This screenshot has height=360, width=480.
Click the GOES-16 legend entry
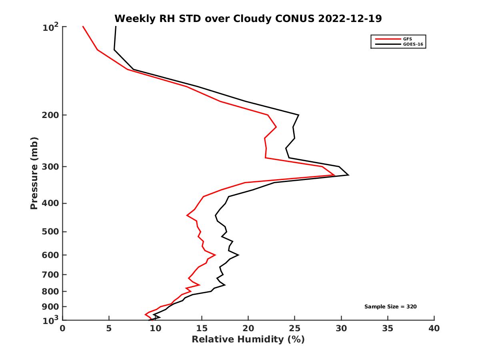(x=412, y=44)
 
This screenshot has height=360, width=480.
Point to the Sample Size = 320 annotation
(x=391, y=307)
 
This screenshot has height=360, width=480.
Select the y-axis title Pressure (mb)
(x=34, y=173)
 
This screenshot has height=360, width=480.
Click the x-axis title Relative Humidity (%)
(x=248, y=340)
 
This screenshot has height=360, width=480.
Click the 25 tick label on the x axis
(x=295, y=329)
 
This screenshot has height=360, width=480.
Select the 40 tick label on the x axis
(x=434, y=329)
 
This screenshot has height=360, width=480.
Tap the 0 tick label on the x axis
(x=63, y=329)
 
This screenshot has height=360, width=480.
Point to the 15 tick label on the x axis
(x=202, y=329)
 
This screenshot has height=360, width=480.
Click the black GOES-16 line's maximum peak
(x=348, y=175)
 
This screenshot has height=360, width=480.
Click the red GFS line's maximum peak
(x=334, y=175)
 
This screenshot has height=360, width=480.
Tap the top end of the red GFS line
(x=83, y=27)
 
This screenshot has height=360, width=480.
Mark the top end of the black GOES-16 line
(x=116, y=27)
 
